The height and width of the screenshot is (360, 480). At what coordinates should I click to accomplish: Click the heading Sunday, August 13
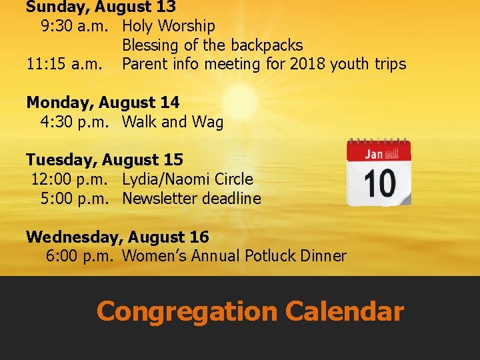(x=101, y=7)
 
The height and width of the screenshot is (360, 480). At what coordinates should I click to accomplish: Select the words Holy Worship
(x=169, y=27)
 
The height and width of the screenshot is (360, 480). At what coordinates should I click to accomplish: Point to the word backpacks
(x=266, y=46)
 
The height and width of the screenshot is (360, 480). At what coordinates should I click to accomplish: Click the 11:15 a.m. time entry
(x=65, y=65)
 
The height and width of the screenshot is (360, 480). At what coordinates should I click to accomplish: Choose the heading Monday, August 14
(x=103, y=103)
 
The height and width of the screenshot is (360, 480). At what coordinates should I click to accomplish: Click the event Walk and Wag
(x=173, y=122)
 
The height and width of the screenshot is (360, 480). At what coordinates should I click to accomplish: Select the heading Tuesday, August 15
(x=105, y=160)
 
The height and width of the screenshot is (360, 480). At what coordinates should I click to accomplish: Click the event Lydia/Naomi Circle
(x=187, y=179)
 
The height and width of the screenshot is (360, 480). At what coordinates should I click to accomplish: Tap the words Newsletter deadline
(x=191, y=199)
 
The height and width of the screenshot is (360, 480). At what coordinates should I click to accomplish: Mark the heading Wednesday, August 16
(x=117, y=237)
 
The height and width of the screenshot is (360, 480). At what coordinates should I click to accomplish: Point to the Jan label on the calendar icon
(x=373, y=154)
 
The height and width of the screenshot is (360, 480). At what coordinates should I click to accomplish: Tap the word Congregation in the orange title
(x=186, y=311)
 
